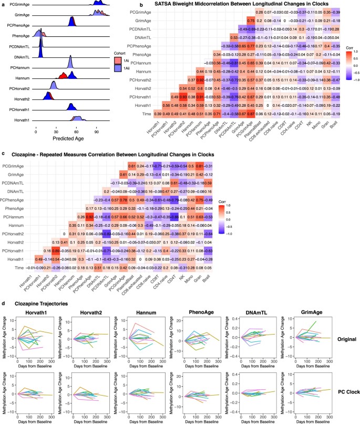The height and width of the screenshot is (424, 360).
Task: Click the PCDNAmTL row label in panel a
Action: [x=18, y=47]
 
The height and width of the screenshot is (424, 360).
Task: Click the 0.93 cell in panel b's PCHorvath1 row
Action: [x=184, y=97]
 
